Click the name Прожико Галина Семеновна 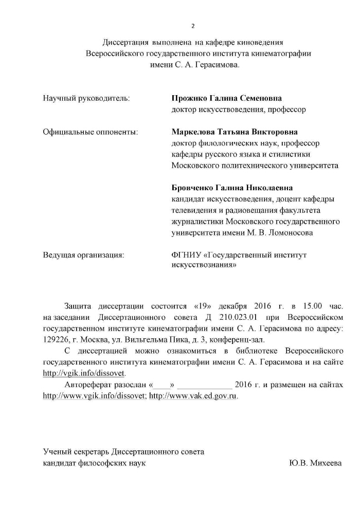tap(226, 98)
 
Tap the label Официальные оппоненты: tap(90, 132)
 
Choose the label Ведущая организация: tap(84, 254)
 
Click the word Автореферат tap(88, 385)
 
